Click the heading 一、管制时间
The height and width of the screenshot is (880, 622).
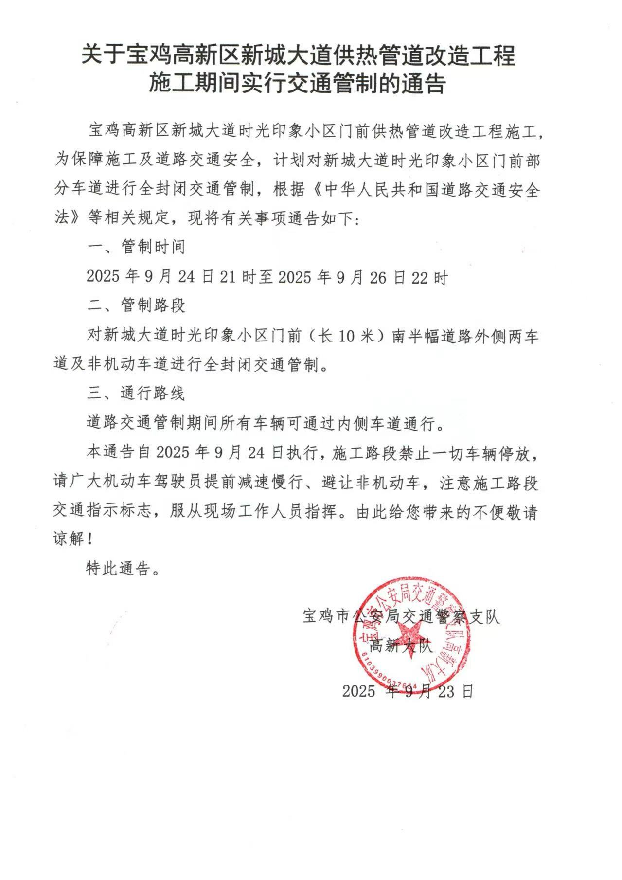coord(136,247)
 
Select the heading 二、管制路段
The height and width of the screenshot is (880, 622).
coord(136,305)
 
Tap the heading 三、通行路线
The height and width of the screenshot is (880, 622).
coord(136,393)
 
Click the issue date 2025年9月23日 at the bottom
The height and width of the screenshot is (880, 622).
coord(408,691)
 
